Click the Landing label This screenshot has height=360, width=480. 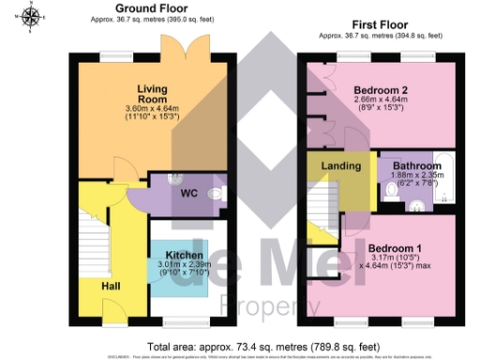pyautogui.click(x=340, y=167)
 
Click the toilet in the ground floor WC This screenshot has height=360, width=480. pyautogui.click(x=217, y=194)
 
